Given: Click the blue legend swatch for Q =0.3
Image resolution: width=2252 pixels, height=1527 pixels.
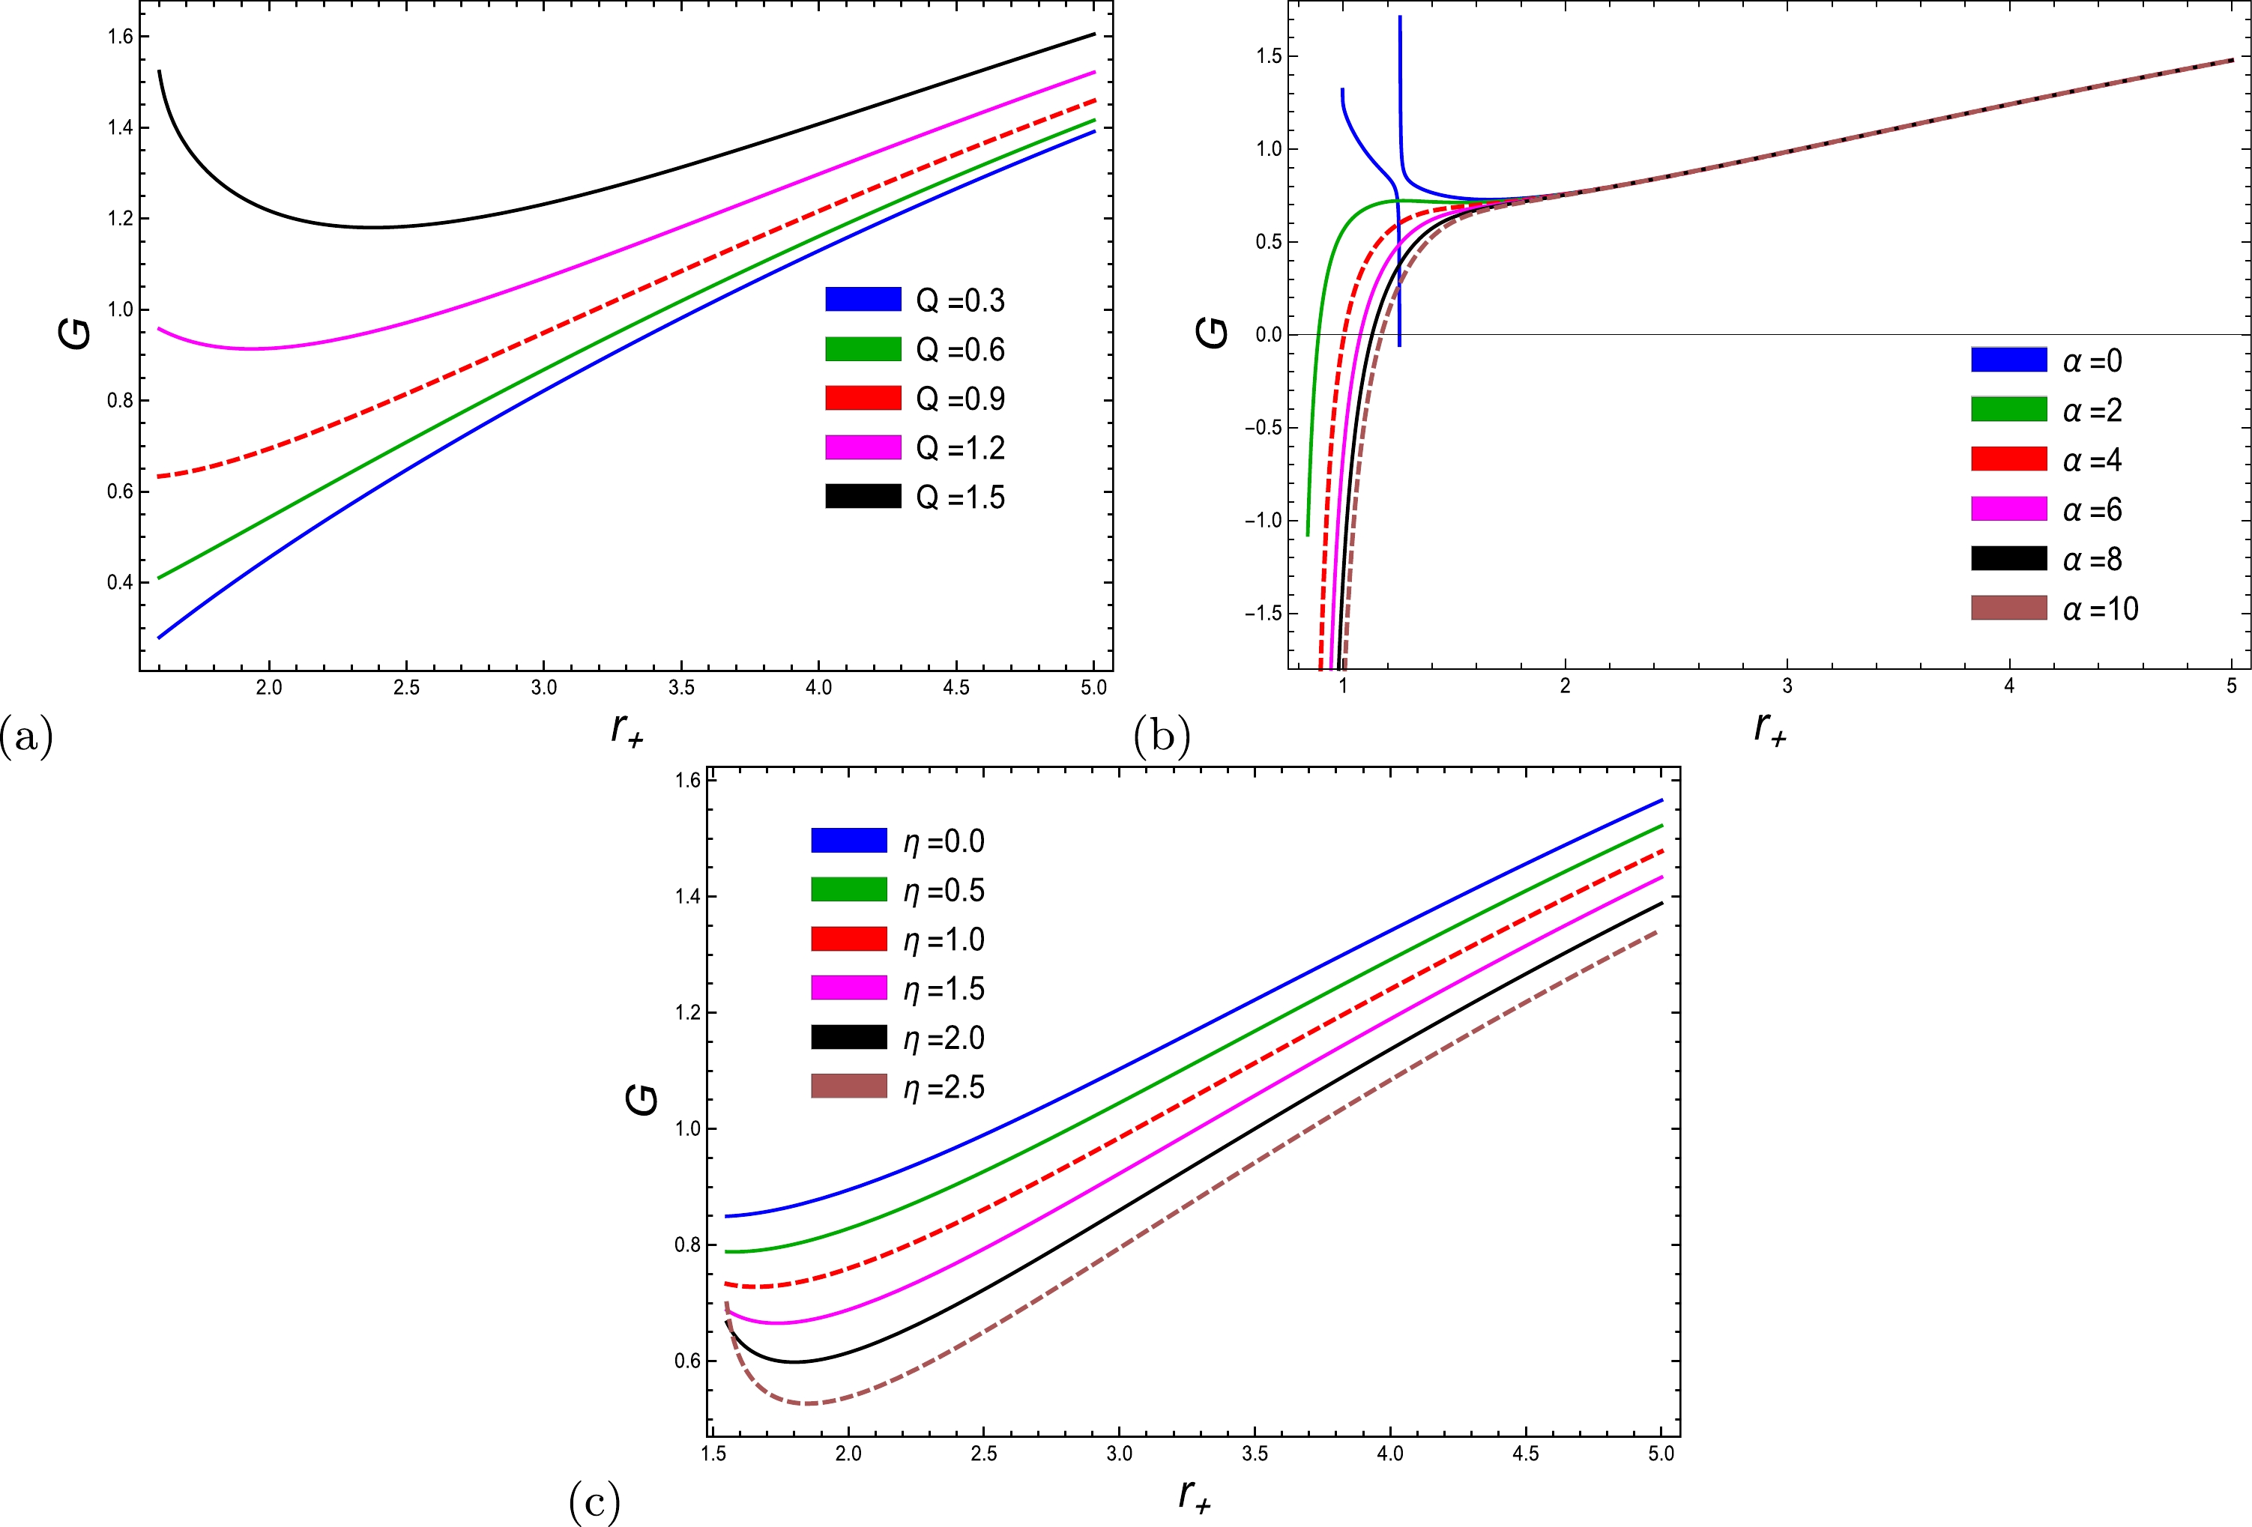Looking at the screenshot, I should (863, 300).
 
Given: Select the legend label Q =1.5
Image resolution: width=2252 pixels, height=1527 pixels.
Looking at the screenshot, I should (960, 498).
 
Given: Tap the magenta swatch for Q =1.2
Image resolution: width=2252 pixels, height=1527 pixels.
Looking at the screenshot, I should (863, 447).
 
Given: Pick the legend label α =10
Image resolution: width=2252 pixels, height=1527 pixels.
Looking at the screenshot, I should (2100, 609).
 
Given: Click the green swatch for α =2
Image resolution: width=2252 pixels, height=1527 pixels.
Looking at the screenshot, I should (2008, 410).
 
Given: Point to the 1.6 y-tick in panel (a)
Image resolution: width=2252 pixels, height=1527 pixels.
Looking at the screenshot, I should (120, 37).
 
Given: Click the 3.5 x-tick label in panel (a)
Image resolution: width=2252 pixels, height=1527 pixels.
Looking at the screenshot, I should (681, 688).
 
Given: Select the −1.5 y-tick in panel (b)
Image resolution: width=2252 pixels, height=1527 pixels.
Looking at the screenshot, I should (1263, 614).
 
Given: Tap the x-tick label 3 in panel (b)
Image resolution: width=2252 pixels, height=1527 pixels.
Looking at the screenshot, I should (1787, 687).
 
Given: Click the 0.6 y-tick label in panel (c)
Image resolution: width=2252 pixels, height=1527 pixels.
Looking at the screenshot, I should (688, 1361).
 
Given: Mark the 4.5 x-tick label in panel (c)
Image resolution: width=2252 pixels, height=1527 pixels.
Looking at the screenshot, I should (1525, 1454).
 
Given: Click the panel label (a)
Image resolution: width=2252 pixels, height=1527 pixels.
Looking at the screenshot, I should (26, 738).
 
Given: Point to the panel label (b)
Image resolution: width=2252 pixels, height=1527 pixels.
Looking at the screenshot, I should (1161, 738).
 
